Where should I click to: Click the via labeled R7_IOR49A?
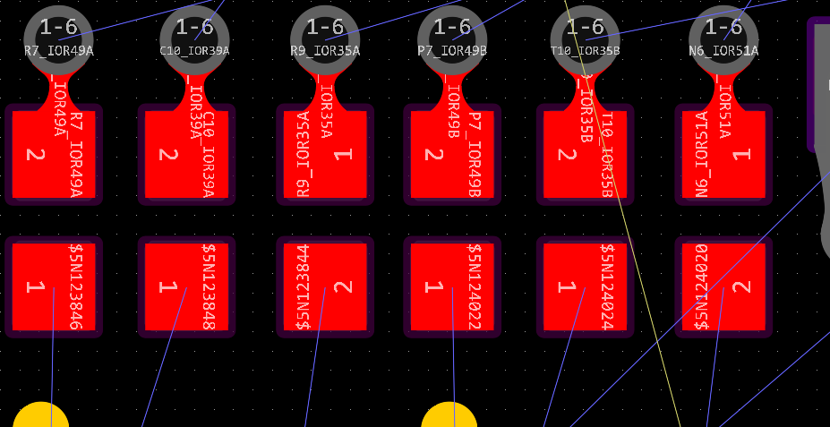[x=58, y=37]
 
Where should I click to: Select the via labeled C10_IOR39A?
[x=194, y=37]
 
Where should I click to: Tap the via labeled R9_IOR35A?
[x=325, y=37]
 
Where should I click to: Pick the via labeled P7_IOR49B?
[x=452, y=37]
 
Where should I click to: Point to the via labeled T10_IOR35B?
[x=585, y=37]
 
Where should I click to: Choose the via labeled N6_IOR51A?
[x=723, y=37]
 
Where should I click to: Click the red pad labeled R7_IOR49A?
[x=54, y=154]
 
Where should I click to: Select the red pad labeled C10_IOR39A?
[x=186, y=154]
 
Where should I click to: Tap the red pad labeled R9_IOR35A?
[x=325, y=154]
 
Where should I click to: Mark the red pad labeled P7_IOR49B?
[x=452, y=154]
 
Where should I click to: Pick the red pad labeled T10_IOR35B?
[x=585, y=154]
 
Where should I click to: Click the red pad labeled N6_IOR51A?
[x=723, y=154]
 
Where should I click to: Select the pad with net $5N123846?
[x=54, y=286]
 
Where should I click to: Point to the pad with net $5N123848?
[x=186, y=286]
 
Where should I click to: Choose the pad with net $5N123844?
[x=325, y=286]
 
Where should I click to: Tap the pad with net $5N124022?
[x=452, y=286]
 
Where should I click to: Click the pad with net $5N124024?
[x=585, y=286]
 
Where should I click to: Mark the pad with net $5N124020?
[x=723, y=286]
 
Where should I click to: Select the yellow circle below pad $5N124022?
[x=449, y=417]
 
